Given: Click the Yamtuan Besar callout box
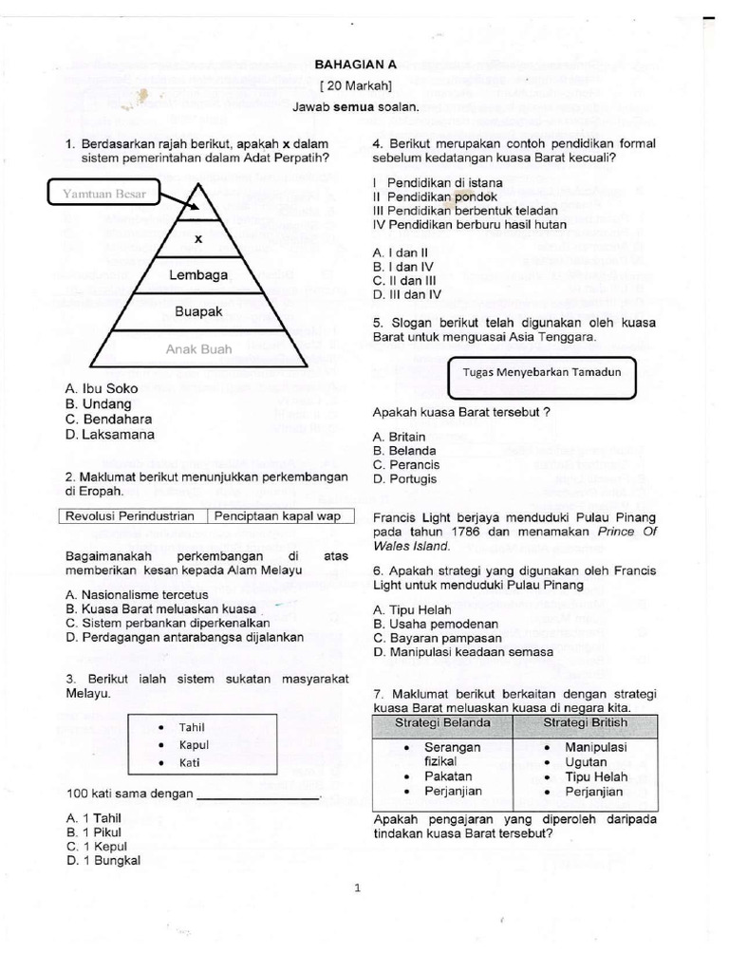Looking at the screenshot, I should (x=104, y=195).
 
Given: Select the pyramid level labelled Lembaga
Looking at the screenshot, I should (x=198, y=275).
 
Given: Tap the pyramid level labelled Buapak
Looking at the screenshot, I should (x=198, y=310).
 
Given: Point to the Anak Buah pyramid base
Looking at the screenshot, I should (x=198, y=349).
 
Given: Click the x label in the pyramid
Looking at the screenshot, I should (x=198, y=240).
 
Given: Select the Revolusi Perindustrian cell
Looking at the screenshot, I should (x=133, y=516).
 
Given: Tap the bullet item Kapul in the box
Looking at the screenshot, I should (x=193, y=744).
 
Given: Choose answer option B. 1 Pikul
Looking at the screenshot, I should (x=94, y=832).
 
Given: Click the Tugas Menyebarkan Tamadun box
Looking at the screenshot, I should (x=541, y=372).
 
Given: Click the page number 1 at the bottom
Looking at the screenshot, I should (x=358, y=889).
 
